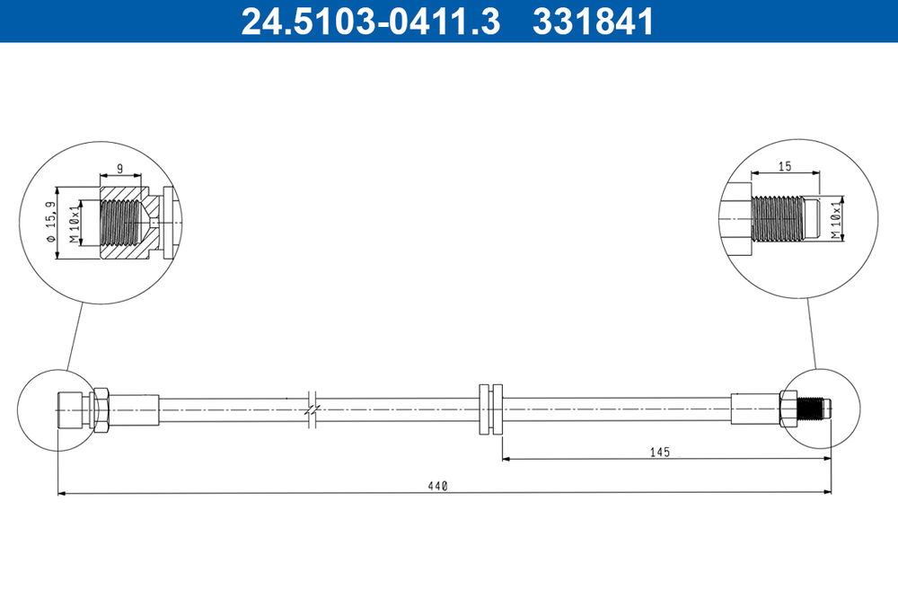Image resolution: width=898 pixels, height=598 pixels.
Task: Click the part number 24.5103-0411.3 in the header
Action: coord(371,22)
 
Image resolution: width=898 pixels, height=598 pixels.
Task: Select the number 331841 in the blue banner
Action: coord(594,22)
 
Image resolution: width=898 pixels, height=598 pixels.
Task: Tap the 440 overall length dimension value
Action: coord(437,486)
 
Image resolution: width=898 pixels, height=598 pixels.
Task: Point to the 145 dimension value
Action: coord(660,452)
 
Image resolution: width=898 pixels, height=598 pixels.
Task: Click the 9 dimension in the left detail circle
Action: coord(119,169)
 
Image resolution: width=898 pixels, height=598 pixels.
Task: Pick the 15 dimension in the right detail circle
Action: coord(785,166)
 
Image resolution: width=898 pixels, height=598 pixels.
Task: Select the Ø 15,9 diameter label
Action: coord(51,223)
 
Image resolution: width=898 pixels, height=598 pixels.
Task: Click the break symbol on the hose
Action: coord(312,409)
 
